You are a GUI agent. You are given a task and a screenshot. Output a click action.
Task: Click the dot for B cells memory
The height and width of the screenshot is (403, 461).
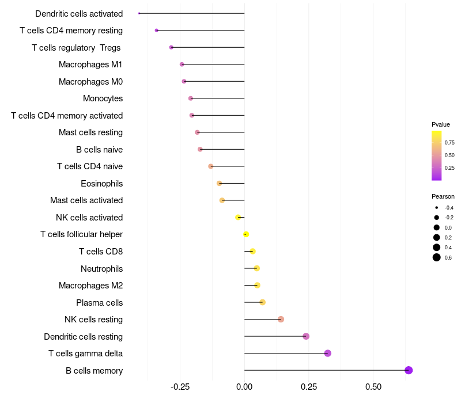pyautogui.click(x=409, y=370)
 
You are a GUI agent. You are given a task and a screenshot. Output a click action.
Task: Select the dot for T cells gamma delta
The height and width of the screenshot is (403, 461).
pyautogui.click(x=328, y=353)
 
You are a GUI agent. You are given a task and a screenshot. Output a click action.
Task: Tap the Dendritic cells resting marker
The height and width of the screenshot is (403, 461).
pyautogui.click(x=306, y=336)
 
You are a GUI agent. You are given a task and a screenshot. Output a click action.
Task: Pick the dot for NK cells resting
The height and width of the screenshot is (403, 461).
pyautogui.click(x=281, y=320)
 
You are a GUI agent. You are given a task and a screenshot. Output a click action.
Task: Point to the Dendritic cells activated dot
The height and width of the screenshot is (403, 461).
pyautogui.click(x=139, y=13)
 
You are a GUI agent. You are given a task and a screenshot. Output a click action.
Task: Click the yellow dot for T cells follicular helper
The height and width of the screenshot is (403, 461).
pyautogui.click(x=246, y=234)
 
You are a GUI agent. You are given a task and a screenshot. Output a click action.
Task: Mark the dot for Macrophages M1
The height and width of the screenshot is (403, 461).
pyautogui.click(x=182, y=64)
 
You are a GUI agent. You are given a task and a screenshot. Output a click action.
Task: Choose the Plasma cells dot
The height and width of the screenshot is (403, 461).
pyautogui.click(x=262, y=302)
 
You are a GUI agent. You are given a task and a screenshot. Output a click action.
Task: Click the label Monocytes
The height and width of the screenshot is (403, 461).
pyautogui.click(x=103, y=98)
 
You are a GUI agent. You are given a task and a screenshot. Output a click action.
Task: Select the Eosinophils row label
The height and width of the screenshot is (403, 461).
pyautogui.click(x=101, y=184)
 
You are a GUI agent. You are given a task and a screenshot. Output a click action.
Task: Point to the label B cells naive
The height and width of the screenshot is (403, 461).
pyautogui.click(x=99, y=150)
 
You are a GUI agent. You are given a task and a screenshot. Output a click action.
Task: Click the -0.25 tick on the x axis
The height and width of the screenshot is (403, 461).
pyautogui.click(x=180, y=386)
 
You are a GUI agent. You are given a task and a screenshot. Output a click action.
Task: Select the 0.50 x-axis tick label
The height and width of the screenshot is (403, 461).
pyautogui.click(x=373, y=386)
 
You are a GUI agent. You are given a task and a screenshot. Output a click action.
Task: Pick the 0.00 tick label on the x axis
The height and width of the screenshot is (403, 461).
pyautogui.click(x=244, y=386)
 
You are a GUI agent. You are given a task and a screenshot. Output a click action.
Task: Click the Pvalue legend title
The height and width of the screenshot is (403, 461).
pyautogui.click(x=441, y=124)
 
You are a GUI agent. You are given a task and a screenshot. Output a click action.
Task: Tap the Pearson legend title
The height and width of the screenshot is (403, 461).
pyautogui.click(x=443, y=196)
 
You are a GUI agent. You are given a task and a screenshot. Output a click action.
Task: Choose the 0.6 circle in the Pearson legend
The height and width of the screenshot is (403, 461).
pyautogui.click(x=437, y=257)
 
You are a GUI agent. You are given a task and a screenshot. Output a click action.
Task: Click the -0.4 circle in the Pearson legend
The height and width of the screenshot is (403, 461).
pyautogui.click(x=437, y=207)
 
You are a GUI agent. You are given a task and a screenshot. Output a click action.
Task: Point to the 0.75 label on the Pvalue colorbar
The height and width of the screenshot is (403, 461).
pyautogui.click(x=449, y=142)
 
